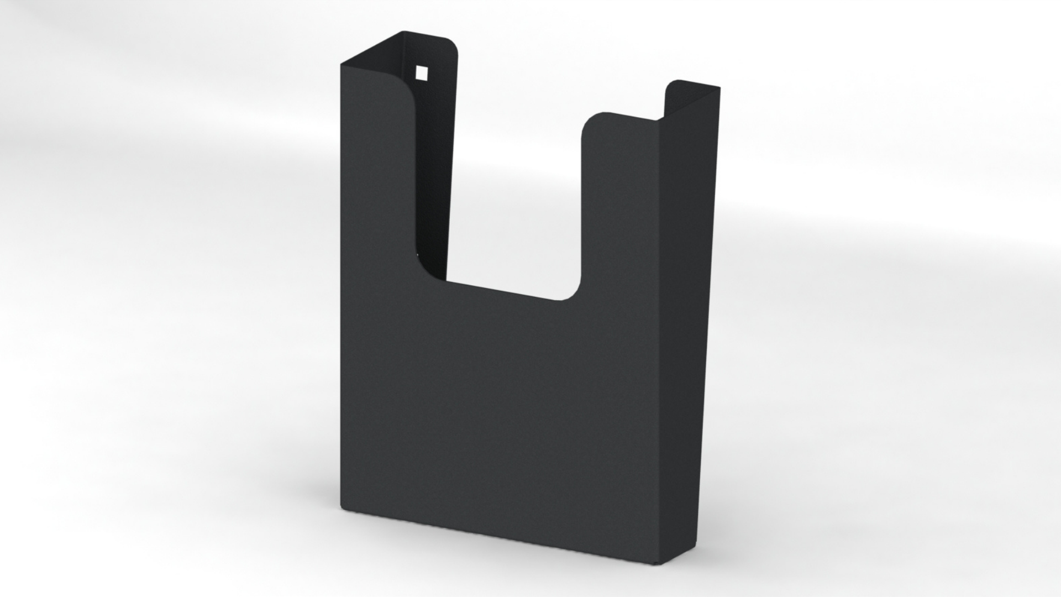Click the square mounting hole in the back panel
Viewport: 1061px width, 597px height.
(x=422, y=72)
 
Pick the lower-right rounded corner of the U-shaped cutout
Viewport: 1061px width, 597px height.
(x=572, y=292)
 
